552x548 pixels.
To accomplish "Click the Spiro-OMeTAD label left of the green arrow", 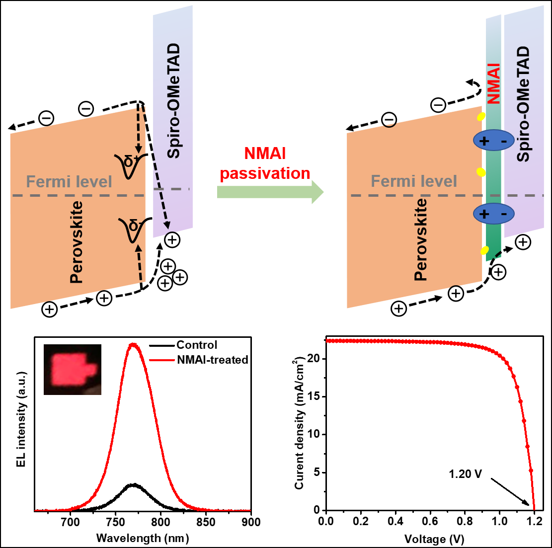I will point(173,101).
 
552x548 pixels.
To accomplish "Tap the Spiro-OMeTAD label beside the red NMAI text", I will point(523,104).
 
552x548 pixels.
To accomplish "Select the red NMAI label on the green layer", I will point(493,83).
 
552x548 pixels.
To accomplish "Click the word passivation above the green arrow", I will point(265,173).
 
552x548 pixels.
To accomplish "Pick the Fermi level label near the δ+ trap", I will point(69,182).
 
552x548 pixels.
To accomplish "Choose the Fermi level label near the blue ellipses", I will point(414,181).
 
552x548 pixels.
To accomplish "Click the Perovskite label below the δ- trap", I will point(77,242).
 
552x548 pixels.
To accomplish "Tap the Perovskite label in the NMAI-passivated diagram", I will point(421,239).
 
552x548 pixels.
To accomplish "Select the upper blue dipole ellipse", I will point(493,141).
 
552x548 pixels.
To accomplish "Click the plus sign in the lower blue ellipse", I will point(484,214).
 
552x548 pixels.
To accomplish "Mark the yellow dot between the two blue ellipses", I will point(481,172).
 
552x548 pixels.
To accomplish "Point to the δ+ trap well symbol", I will point(131,164).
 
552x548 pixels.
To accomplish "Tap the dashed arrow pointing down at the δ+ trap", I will point(139,129).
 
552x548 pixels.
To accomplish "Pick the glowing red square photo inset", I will point(73,370).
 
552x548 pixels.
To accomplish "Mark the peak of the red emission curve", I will point(133,344).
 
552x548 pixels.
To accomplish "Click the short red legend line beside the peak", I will point(162,360).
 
